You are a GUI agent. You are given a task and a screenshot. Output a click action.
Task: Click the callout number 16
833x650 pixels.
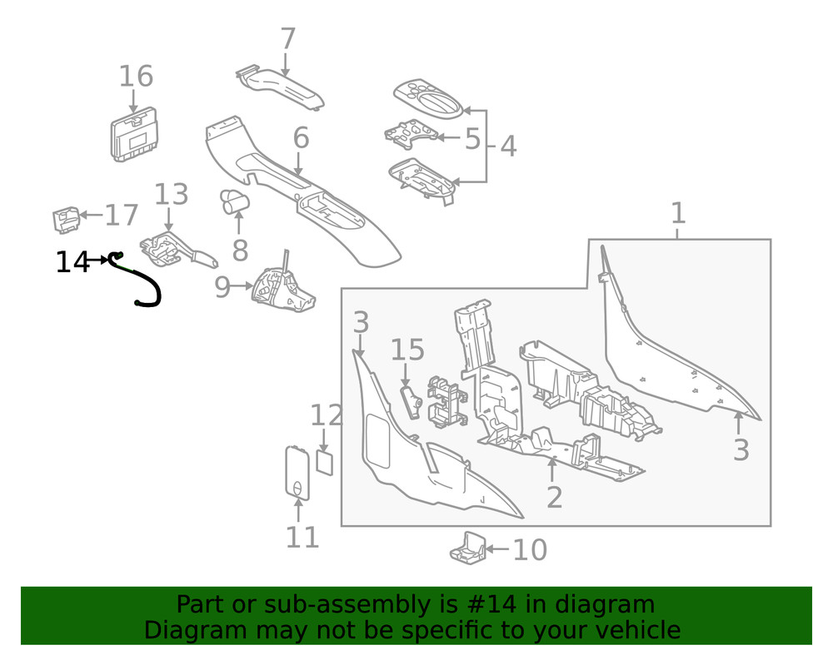pos(136,77)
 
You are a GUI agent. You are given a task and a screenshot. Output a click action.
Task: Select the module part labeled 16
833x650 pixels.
pos(136,136)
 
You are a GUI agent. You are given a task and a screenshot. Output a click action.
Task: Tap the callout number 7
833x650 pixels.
pos(287,39)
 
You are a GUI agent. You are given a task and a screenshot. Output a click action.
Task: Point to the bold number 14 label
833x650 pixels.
pos(72,263)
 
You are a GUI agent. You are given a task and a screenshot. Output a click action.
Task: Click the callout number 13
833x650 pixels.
pos(171,195)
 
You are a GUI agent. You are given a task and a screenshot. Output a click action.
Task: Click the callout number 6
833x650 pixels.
pos(301,138)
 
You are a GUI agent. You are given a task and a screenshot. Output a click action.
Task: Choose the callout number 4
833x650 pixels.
pos(507,146)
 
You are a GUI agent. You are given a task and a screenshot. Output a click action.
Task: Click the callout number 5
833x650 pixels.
pos(472,139)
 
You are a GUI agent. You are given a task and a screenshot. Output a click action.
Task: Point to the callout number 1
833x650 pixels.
pos(678,213)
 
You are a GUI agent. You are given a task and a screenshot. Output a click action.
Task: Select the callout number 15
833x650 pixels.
pos(407,350)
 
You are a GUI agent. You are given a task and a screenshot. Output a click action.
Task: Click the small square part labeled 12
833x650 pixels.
pos(325,462)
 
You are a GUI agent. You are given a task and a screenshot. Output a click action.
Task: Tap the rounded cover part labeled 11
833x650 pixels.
pos(297,472)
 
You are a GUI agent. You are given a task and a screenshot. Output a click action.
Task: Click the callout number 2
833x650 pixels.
pos(554,497)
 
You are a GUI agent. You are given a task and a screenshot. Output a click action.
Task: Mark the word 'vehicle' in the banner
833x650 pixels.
pos(632,630)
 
